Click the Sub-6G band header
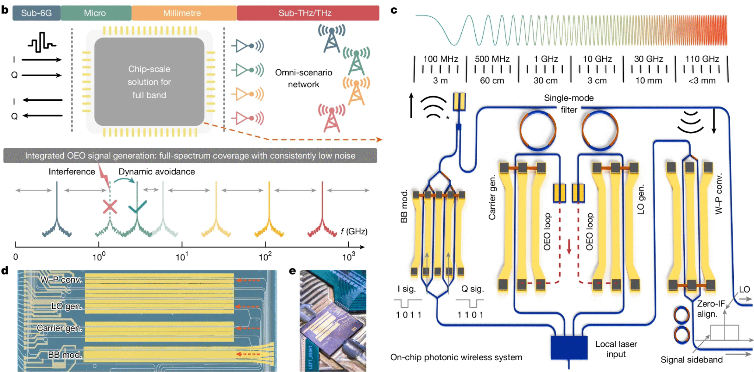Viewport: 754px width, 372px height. coord(36,13)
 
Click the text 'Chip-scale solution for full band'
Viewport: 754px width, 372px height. coord(149,82)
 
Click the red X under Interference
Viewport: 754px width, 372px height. coord(110,207)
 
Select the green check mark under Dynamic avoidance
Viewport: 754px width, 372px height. coord(138,207)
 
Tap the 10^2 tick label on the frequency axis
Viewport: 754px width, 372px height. coord(265,256)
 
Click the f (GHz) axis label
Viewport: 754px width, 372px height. coord(354,231)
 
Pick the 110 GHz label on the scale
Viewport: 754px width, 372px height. coord(702,59)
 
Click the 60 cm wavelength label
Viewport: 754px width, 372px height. coord(492,81)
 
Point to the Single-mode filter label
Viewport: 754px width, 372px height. coord(569,103)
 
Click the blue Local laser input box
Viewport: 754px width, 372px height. coord(569,348)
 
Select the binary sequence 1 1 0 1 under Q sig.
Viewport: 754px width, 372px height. coord(470,315)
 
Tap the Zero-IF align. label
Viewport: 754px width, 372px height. coord(710,309)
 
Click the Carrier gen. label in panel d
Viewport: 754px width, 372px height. coord(59,328)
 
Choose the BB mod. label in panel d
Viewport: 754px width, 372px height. coord(65,355)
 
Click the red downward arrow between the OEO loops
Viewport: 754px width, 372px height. coord(569,247)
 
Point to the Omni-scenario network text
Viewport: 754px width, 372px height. coord(304,78)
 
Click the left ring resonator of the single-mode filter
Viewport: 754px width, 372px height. coord(538,130)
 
